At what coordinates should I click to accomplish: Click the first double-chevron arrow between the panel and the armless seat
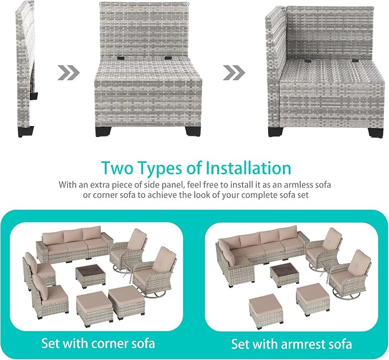coord(69,73)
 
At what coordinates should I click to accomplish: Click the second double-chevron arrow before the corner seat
coord(234,73)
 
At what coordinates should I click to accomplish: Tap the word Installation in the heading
coord(249,168)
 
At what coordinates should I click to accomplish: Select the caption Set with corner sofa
coord(98,343)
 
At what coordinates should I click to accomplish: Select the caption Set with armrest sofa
coord(292,344)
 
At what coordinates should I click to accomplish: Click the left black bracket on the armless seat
coord(121,58)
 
